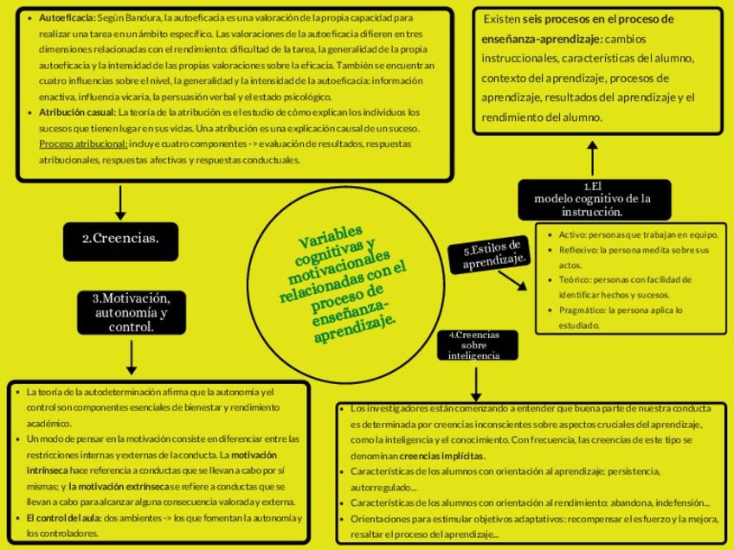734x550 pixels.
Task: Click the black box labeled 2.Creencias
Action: (120, 240)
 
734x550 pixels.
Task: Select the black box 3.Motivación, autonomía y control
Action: (131, 312)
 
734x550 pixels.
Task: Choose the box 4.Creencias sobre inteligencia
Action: (474, 345)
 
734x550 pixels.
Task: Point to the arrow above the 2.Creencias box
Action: (120, 201)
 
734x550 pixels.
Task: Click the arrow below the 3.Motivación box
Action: (132, 356)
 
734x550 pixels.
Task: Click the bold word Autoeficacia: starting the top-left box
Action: (67, 17)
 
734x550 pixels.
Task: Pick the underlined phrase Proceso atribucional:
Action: (83, 144)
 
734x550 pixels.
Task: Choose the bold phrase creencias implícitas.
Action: (442, 456)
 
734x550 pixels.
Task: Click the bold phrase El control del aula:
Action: (64, 518)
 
